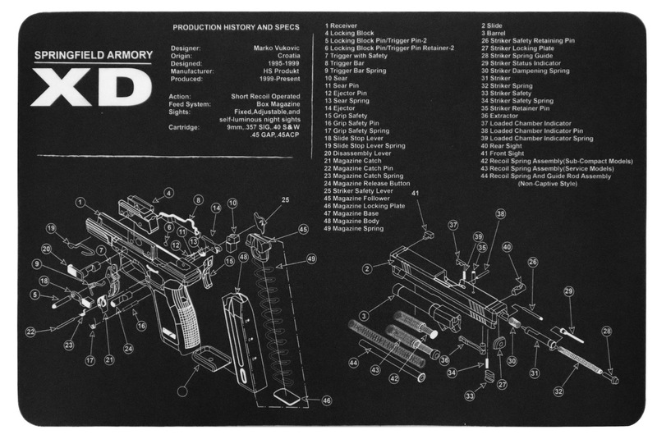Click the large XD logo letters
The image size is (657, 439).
click(x=91, y=87)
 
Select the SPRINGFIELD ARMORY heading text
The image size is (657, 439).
click(x=92, y=56)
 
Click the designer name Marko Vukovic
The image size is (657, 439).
click(x=276, y=48)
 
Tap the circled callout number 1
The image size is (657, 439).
click(x=81, y=202)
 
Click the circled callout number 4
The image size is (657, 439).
click(x=168, y=194)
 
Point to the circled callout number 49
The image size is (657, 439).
click(x=311, y=258)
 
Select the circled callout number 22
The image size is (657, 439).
click(x=30, y=332)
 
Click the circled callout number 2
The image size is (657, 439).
click(x=368, y=268)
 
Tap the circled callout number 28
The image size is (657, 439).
click(x=607, y=332)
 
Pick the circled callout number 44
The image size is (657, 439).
click(x=353, y=362)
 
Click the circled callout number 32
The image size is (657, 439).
click(x=559, y=391)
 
